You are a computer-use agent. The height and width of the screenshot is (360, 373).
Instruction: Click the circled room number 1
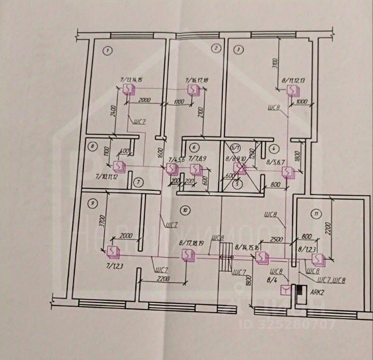pyautogui.click(x=108, y=51)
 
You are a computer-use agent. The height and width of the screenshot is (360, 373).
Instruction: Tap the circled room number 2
pyautogui.click(x=216, y=49)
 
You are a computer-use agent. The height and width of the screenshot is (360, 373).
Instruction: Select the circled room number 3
pyautogui.click(x=238, y=50)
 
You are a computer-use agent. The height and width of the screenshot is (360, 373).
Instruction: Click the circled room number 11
pyautogui.click(x=314, y=213)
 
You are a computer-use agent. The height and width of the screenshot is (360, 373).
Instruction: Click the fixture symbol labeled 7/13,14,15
pyautogui.click(x=128, y=90)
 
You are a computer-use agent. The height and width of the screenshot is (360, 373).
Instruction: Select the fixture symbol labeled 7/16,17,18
pyautogui.click(x=193, y=90)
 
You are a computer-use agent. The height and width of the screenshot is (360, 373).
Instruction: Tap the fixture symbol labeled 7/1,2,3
pyautogui.click(x=112, y=252)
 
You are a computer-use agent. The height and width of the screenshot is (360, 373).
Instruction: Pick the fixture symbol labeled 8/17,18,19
pyautogui.click(x=187, y=254)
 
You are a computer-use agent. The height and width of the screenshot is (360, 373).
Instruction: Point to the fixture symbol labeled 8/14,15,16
pyautogui.click(x=261, y=257)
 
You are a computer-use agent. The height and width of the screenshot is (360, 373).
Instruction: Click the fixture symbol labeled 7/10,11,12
pyautogui.click(x=119, y=166)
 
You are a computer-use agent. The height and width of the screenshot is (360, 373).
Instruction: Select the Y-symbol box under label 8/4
pyautogui.click(x=284, y=290)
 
